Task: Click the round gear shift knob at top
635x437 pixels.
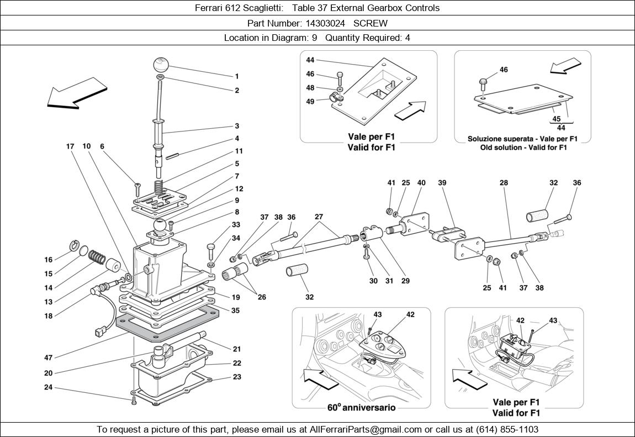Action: (x=161, y=64)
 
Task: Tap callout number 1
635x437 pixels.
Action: (x=237, y=76)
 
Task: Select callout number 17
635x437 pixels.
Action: (x=70, y=146)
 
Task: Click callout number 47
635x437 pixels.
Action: (x=49, y=357)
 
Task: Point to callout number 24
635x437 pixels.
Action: (x=49, y=387)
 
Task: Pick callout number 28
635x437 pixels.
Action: (x=504, y=182)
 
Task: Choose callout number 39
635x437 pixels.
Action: (x=442, y=182)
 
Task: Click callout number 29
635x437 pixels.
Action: (x=406, y=281)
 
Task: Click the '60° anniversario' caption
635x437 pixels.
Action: (x=362, y=408)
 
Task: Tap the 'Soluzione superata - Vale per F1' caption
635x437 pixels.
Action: (x=522, y=139)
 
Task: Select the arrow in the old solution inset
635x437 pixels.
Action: (x=565, y=64)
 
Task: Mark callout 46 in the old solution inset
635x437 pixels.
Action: (x=504, y=70)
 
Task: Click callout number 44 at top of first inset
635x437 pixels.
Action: (x=310, y=60)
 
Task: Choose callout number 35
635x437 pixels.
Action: (x=236, y=310)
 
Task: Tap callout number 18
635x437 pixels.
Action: (x=49, y=316)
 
